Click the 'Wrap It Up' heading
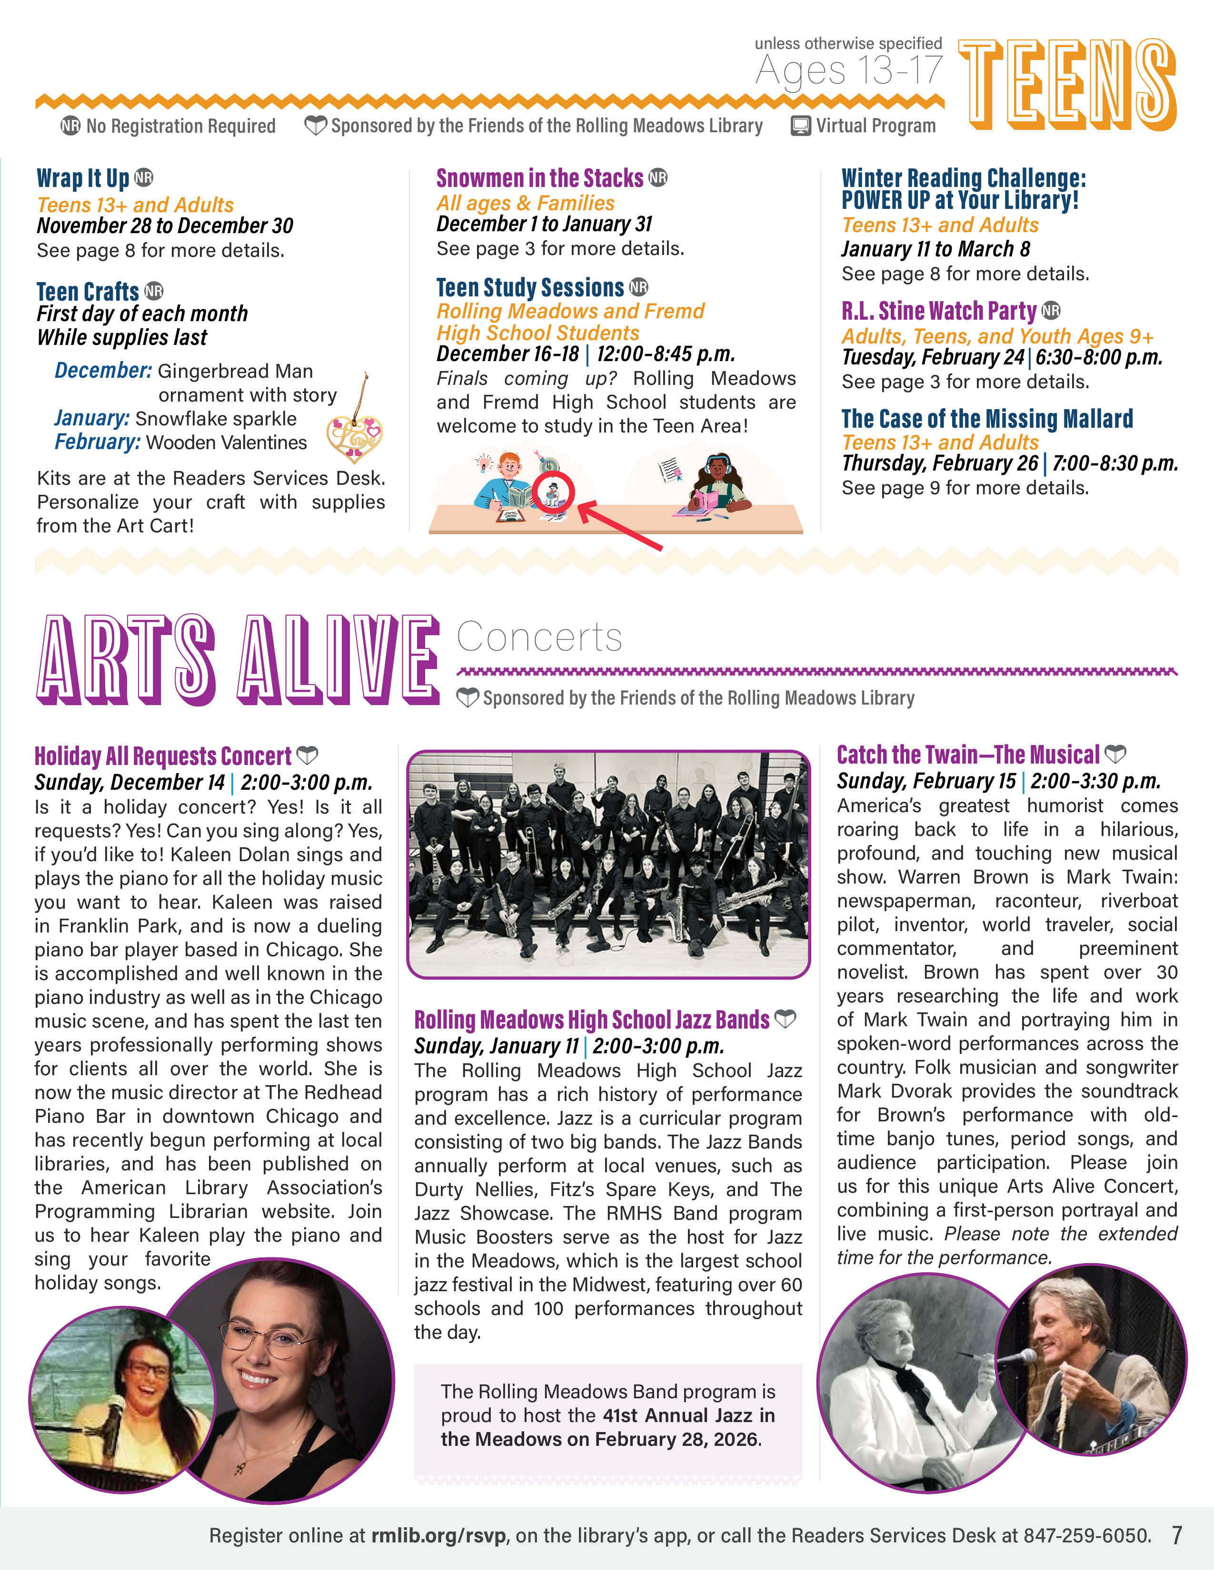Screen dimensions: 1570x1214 pyautogui.click(x=83, y=178)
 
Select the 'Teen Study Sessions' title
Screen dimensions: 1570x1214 pyautogui.click(x=530, y=287)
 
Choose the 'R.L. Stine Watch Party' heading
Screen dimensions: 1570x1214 pyautogui.click(x=939, y=311)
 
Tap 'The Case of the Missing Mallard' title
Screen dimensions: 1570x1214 pyautogui.click(x=987, y=418)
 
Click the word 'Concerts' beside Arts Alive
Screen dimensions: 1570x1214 pyautogui.click(x=539, y=637)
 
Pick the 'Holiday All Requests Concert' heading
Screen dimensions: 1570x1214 pyautogui.click(x=163, y=756)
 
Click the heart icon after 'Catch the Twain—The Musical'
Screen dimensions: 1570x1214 pyautogui.click(x=1115, y=754)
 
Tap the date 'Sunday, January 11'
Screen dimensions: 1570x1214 pyautogui.click(x=496, y=1046)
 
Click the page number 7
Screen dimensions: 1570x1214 pyautogui.click(x=1176, y=1535)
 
